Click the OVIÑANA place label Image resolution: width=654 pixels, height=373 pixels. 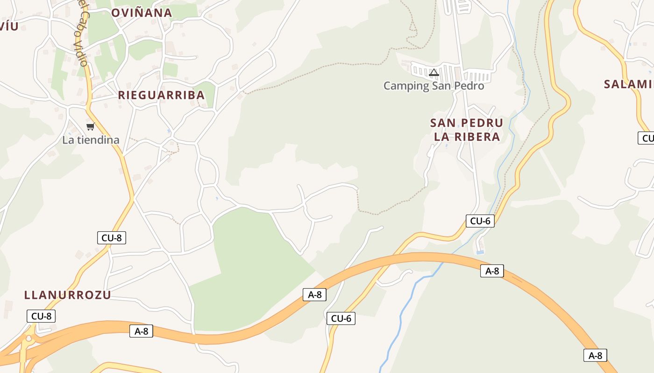click(x=142, y=13)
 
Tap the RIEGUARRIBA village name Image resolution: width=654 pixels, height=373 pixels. click(x=161, y=95)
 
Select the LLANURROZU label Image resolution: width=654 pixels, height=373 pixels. click(x=68, y=295)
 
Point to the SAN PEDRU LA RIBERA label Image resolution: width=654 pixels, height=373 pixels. click(x=467, y=130)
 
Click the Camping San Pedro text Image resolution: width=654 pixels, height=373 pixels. click(x=434, y=86)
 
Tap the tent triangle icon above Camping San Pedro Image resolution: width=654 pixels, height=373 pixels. click(x=434, y=72)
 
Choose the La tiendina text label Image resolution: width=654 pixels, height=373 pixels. click(x=91, y=140)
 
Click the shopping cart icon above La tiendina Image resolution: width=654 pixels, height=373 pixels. click(x=91, y=126)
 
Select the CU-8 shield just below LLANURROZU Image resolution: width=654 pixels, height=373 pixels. click(x=41, y=316)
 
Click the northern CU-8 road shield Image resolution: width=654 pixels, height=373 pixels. click(x=112, y=238)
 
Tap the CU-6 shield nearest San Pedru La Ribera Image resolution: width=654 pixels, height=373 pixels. click(x=480, y=221)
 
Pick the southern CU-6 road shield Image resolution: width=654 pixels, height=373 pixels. click(x=341, y=318)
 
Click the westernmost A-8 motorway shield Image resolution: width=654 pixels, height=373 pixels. click(x=141, y=331)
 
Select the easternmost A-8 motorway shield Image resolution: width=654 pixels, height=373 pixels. click(x=595, y=355)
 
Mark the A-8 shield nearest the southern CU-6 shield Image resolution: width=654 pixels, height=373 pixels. click(x=314, y=295)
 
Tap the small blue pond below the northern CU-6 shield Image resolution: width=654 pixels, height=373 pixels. click(x=480, y=252)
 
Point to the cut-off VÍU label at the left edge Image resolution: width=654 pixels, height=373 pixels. click(x=9, y=26)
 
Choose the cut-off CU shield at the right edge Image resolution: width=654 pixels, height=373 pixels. click(x=647, y=138)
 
